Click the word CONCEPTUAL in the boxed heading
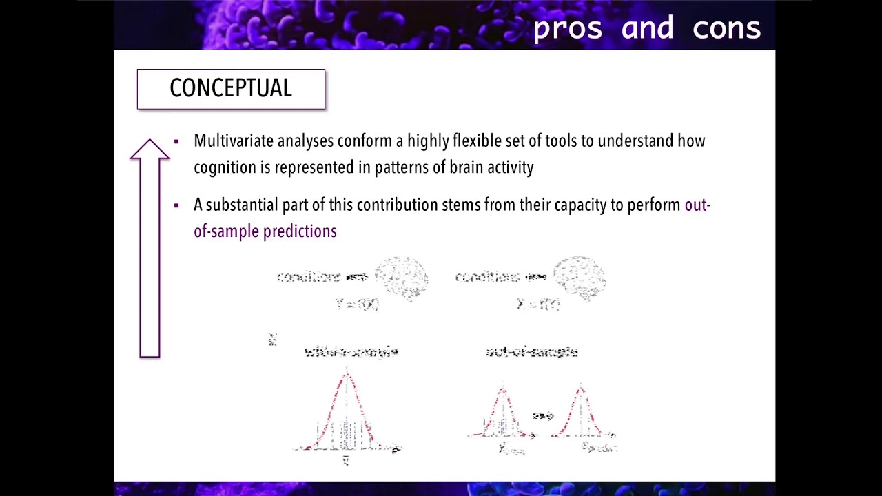pos(231,88)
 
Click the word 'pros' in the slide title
pos(568,28)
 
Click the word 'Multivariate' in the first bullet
pos(234,141)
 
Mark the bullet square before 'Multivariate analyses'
pos(176,141)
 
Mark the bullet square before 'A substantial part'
pos(176,205)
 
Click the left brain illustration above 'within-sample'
pos(401,278)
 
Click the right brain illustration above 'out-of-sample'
pos(580,278)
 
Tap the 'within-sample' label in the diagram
pos(351,352)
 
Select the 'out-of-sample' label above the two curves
pos(531,352)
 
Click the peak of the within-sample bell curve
pos(347,376)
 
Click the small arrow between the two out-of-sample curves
pos(543,415)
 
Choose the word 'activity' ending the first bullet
pos(511,167)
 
